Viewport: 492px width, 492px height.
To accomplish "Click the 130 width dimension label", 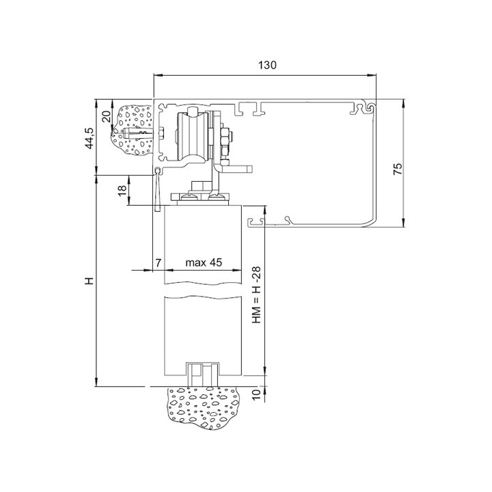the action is [x=267, y=65].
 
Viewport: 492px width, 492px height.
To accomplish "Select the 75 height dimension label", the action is [x=398, y=169].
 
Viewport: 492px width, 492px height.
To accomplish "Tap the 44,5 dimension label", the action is [x=90, y=138].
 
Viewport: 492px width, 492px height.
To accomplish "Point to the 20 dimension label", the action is [x=107, y=116].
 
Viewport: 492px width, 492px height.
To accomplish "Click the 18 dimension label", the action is [x=122, y=191].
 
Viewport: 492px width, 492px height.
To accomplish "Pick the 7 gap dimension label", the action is [x=159, y=262].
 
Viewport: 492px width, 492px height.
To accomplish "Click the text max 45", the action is [x=204, y=262].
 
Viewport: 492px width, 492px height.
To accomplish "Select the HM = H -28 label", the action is [x=256, y=295].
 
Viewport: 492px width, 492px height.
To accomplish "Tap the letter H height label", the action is [x=90, y=281].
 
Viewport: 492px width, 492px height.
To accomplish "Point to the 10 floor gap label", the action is [x=256, y=394].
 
